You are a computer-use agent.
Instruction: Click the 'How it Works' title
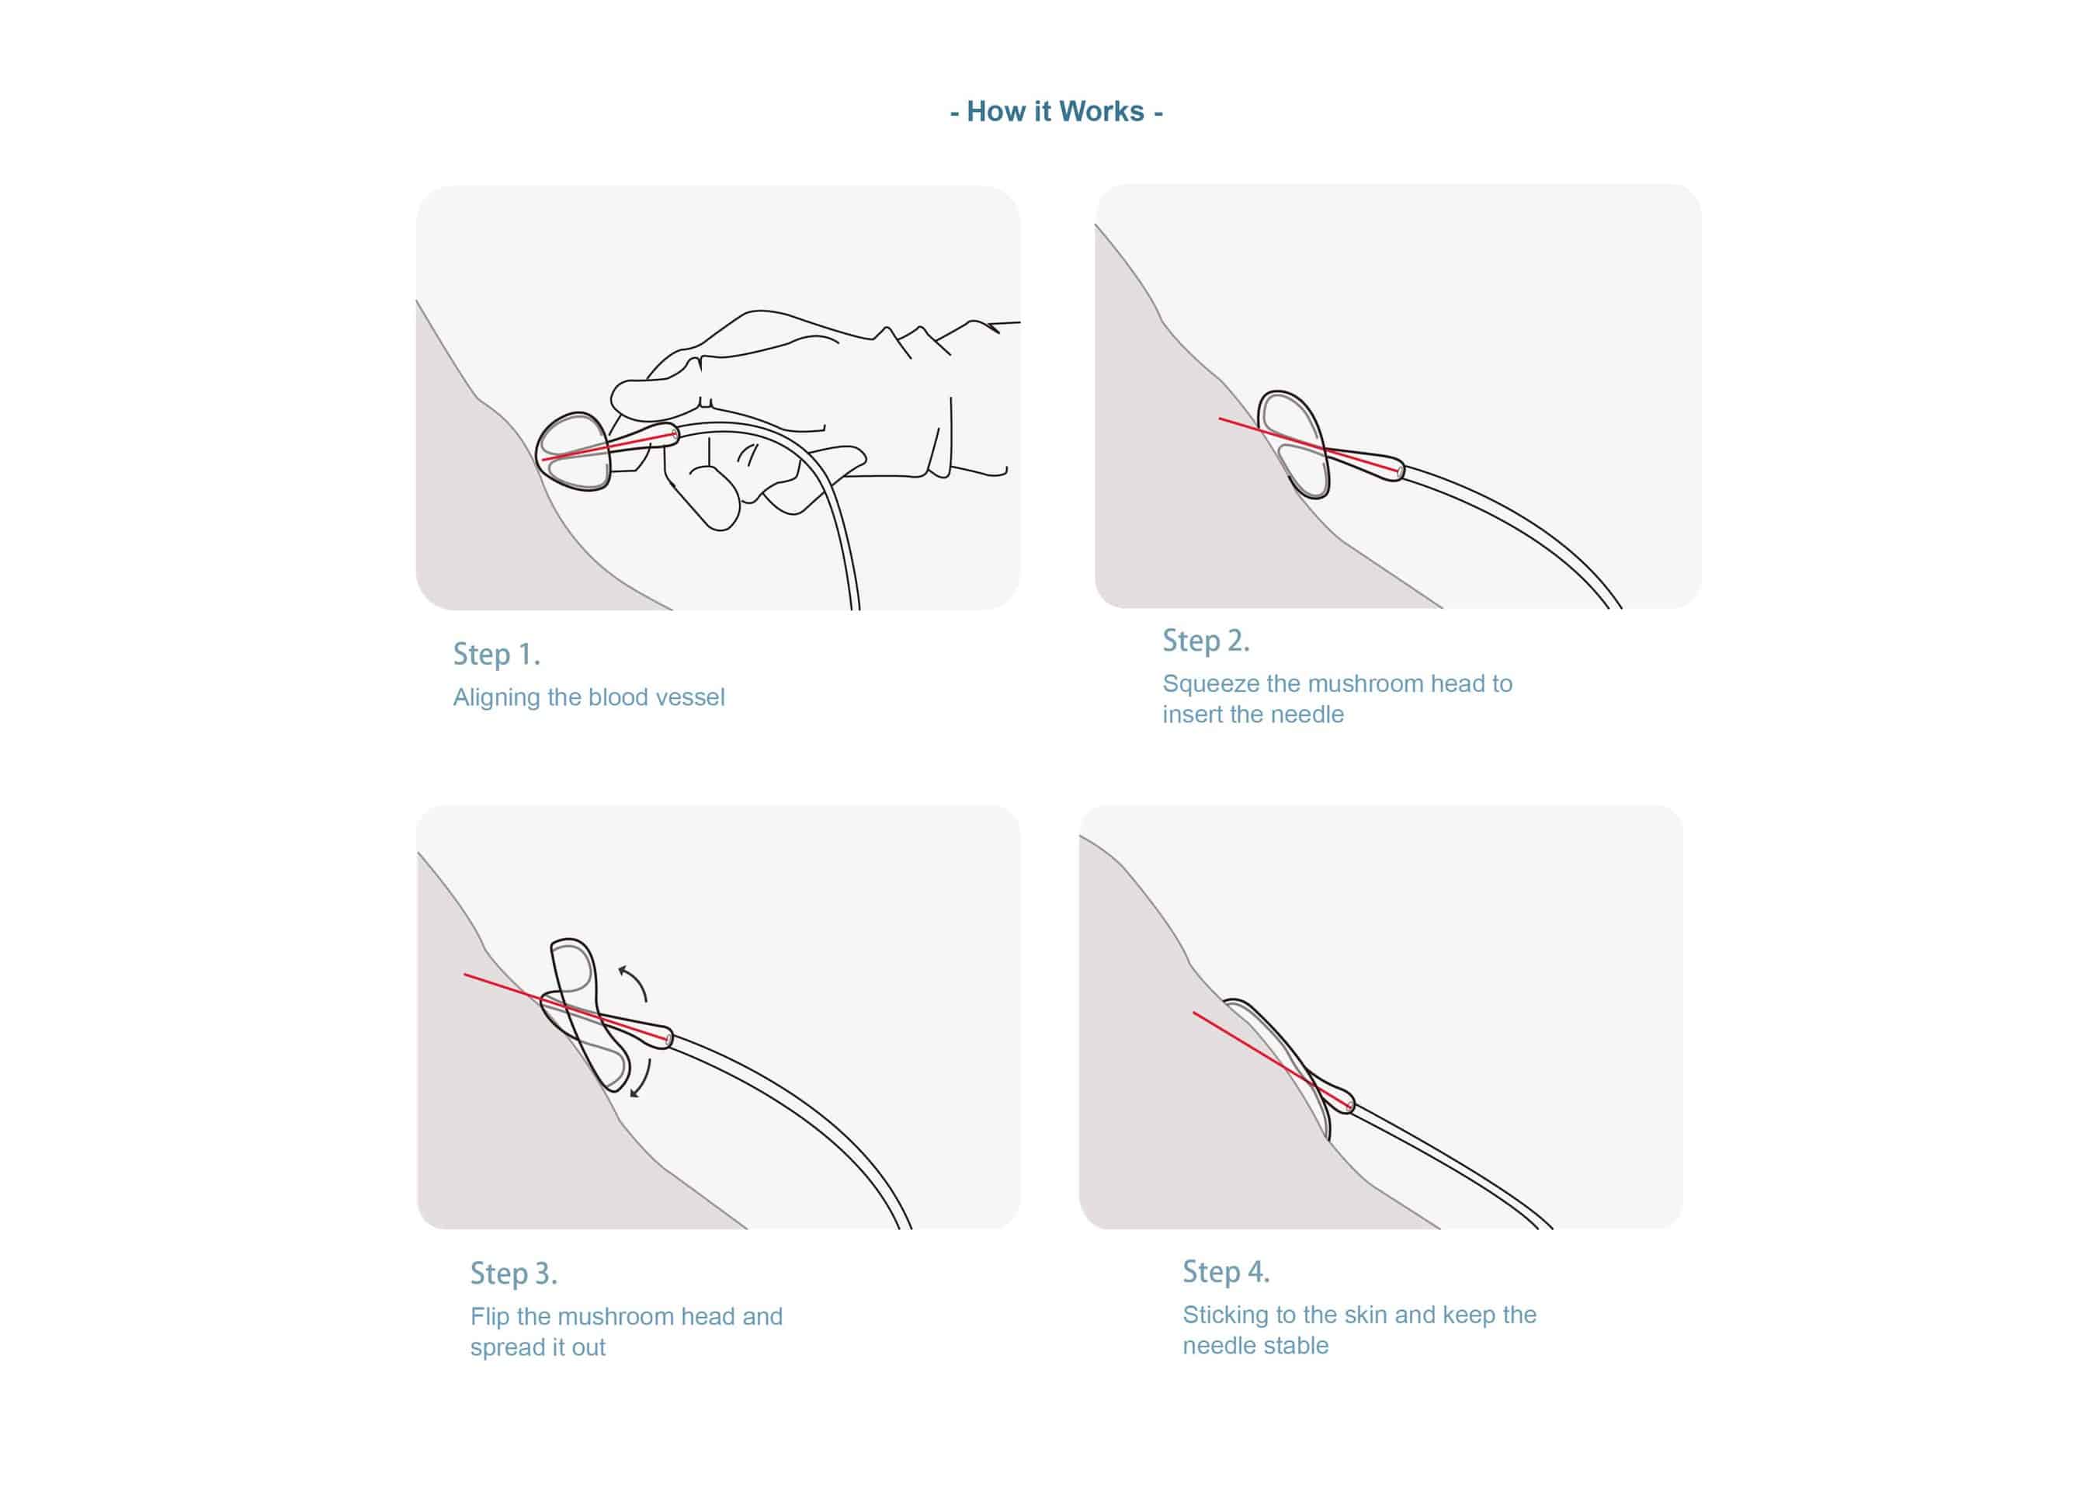tap(1056, 112)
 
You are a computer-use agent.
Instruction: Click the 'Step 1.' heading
tap(496, 655)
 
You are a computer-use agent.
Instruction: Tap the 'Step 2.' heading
tap(1206, 641)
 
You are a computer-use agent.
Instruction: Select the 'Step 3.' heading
tap(514, 1274)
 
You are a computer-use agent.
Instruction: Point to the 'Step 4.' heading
tap(1226, 1271)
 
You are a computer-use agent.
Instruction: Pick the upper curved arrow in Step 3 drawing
tap(634, 982)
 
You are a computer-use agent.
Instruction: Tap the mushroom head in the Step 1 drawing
tap(573, 453)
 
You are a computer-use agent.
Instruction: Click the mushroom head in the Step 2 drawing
tap(1294, 445)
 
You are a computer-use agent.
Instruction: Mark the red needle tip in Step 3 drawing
tap(465, 975)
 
